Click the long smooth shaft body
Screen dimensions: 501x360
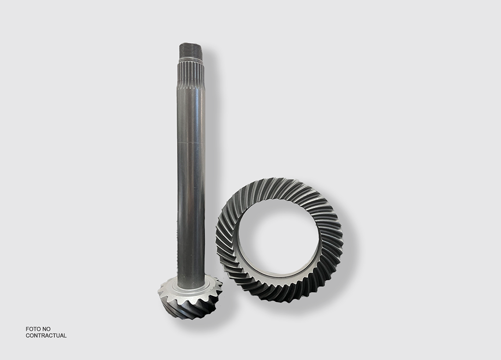click(x=191, y=185)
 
